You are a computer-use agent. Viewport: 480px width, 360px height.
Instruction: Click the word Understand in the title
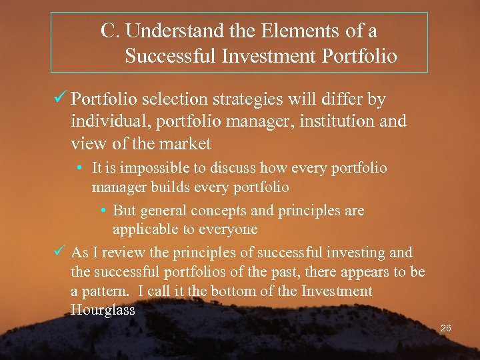click(169, 31)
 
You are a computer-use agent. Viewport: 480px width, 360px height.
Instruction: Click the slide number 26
click(446, 329)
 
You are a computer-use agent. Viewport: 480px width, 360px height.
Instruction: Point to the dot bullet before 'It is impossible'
click(81, 168)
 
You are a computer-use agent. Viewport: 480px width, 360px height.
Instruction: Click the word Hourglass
click(103, 309)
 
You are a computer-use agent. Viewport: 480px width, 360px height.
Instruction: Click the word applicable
click(142, 229)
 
